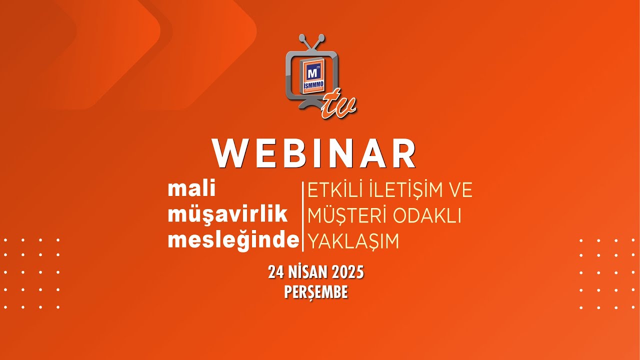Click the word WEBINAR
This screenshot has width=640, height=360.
coord(314,153)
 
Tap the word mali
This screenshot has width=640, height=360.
coord(192,189)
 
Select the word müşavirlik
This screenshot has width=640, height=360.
coord(228,214)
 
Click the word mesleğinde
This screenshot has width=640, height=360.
coord(233,240)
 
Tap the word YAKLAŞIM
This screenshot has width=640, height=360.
coord(353,241)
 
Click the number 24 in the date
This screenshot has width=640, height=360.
coord(275,272)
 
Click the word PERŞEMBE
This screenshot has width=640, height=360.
coord(315,292)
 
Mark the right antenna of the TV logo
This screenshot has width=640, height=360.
coord(318,42)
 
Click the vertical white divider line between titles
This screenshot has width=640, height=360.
coord(302,216)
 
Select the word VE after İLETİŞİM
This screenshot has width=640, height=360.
coord(460,190)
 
